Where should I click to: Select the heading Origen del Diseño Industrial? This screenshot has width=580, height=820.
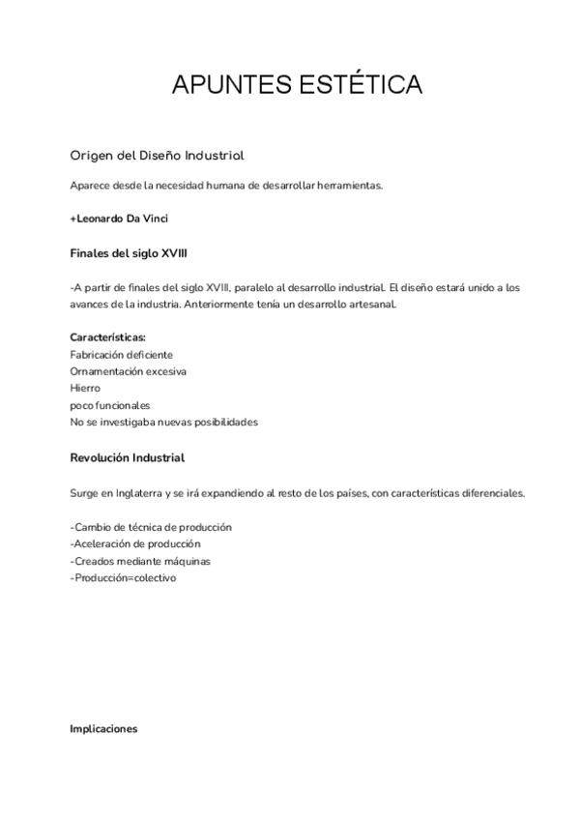coord(157,156)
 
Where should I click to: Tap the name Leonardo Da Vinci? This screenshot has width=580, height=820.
coord(119,219)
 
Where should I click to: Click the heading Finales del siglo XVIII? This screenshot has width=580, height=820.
coord(129,253)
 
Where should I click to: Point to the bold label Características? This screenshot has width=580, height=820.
coord(108,337)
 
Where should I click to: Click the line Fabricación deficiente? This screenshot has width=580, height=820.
coord(122,355)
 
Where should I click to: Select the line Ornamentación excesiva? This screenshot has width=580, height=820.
coord(129,371)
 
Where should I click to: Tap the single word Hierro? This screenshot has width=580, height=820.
coord(85,388)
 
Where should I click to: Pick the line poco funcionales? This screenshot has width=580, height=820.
coord(109,405)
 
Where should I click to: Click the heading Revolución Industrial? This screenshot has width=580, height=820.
coord(128,457)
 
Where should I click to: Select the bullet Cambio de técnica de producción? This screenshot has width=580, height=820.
coord(152,527)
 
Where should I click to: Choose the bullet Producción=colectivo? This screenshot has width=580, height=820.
coord(124,577)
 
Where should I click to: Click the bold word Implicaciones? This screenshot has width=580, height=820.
coord(103,729)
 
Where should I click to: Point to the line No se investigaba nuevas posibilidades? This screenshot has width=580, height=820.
coord(163,422)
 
